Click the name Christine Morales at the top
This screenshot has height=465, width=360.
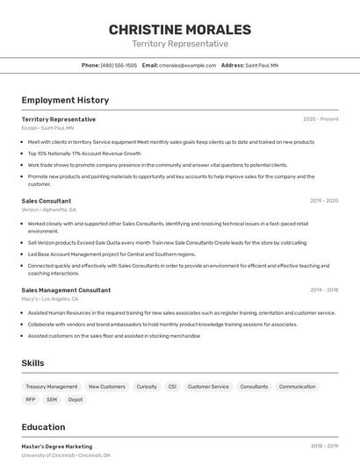pyautogui.click(x=179, y=29)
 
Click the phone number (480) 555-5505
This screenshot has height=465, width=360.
pyautogui.click(x=119, y=65)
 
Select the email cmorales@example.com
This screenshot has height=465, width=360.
pyautogui.click(x=187, y=65)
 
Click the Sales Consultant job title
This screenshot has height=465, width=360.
pyautogui.click(x=47, y=200)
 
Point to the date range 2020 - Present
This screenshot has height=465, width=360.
pyautogui.click(x=320, y=118)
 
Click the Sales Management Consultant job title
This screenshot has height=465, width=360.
pyautogui.click(x=66, y=290)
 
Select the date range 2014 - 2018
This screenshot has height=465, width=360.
pyautogui.click(x=324, y=290)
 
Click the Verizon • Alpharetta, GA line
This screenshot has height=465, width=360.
pyautogui.click(x=48, y=210)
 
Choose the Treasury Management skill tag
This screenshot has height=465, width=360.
pyautogui.click(x=52, y=386)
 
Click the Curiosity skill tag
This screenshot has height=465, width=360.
pyautogui.click(x=147, y=386)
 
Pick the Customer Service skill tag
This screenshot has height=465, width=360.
pyautogui.click(x=208, y=386)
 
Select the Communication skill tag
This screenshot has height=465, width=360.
pyautogui.click(x=297, y=386)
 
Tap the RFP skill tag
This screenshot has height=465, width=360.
pyautogui.click(x=31, y=399)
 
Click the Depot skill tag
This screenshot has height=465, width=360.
pyautogui.click(x=76, y=399)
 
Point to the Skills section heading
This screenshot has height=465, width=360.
pyautogui.click(x=32, y=363)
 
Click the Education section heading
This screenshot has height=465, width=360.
pyautogui.click(x=42, y=427)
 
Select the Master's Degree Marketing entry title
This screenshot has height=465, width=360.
pyautogui.click(x=56, y=446)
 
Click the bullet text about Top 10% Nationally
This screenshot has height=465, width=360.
pyautogui.click(x=83, y=153)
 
